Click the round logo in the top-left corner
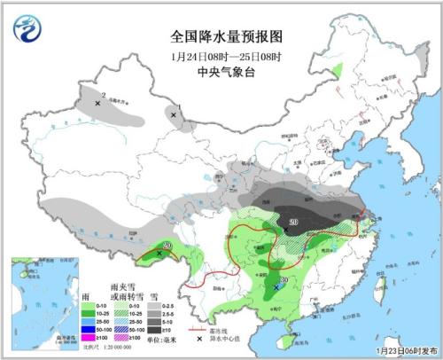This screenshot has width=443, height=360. point(27,29)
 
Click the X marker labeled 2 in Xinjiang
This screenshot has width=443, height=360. point(97,103)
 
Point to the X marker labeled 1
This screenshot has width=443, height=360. point(173,114)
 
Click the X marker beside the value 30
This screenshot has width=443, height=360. point(276,286)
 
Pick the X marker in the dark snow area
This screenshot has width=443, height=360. point(285,230)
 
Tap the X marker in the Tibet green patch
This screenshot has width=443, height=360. point(159,254)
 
